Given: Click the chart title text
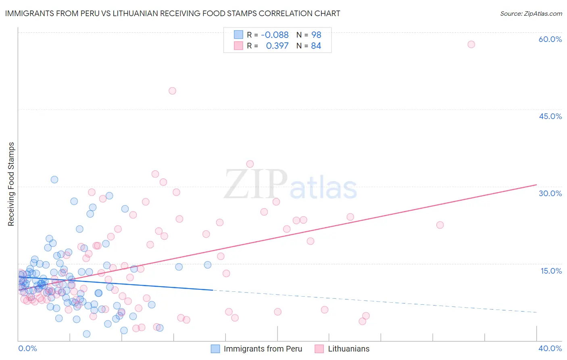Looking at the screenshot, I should pos(173,13).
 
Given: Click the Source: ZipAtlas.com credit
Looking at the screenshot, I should pos(531,13).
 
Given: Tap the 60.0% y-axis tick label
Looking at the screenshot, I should pos(550,39).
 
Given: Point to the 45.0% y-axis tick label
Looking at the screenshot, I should pos(550,116).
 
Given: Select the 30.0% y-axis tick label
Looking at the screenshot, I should pos(550,193).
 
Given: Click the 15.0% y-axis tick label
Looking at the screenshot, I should pos(551,270).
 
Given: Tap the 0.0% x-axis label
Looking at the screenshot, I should pos(27,348).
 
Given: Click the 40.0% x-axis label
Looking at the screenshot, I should pos(550,348).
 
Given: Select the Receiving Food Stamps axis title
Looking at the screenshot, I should pos(11,184).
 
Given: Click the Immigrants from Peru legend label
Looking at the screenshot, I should pos(263,349).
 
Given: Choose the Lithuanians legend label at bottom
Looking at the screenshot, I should pos(348,349).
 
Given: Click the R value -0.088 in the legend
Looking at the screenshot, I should pos(275,35).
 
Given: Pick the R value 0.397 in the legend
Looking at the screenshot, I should pos(277,46).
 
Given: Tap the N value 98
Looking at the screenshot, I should pos(316,35).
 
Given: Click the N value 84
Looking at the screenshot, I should pos(316,46).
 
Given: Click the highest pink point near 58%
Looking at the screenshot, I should pos(471,44).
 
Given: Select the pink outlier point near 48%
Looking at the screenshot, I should pos(172,91).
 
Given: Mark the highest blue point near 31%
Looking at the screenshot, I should pos(54,180).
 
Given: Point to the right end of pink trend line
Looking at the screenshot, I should pos(536,185).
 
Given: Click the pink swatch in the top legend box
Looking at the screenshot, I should pos(238,46).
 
